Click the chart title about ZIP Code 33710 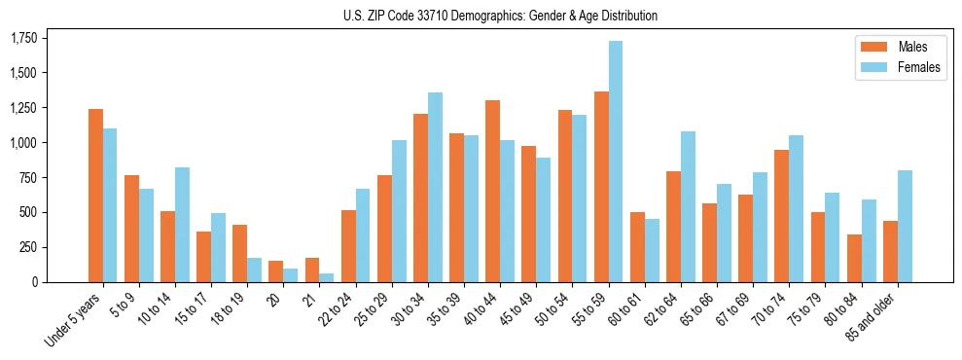pos(500,16)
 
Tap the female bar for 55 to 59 pos(616,162)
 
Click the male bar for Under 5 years pos(95,196)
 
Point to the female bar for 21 pos(327,277)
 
